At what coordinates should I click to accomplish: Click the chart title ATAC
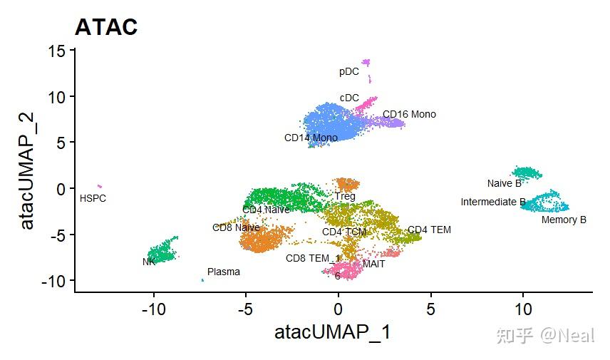[x=106, y=27]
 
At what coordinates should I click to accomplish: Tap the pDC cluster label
[x=349, y=72]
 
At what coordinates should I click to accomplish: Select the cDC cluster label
[x=349, y=98]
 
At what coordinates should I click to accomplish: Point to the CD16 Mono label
[x=409, y=114]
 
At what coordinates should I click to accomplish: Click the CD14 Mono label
[x=311, y=138]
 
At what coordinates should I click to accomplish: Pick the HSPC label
[x=93, y=198]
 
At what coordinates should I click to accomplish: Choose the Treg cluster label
[x=345, y=196]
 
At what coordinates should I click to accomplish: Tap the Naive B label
[x=505, y=183]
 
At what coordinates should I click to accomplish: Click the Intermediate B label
[x=493, y=202]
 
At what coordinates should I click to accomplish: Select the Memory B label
[x=564, y=220]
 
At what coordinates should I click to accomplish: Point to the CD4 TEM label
[x=429, y=230]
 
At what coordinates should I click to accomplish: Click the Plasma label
[x=224, y=272]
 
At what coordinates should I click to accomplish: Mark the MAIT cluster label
[x=373, y=264]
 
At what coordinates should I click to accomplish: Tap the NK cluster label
[x=149, y=262]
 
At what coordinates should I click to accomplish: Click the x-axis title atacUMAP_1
[x=332, y=332]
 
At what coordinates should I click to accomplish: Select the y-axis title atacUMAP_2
[x=27, y=174]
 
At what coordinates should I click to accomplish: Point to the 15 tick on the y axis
[x=57, y=51]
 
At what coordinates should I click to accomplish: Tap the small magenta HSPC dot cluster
[x=99, y=186]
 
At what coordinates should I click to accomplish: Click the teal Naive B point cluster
[x=527, y=173]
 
